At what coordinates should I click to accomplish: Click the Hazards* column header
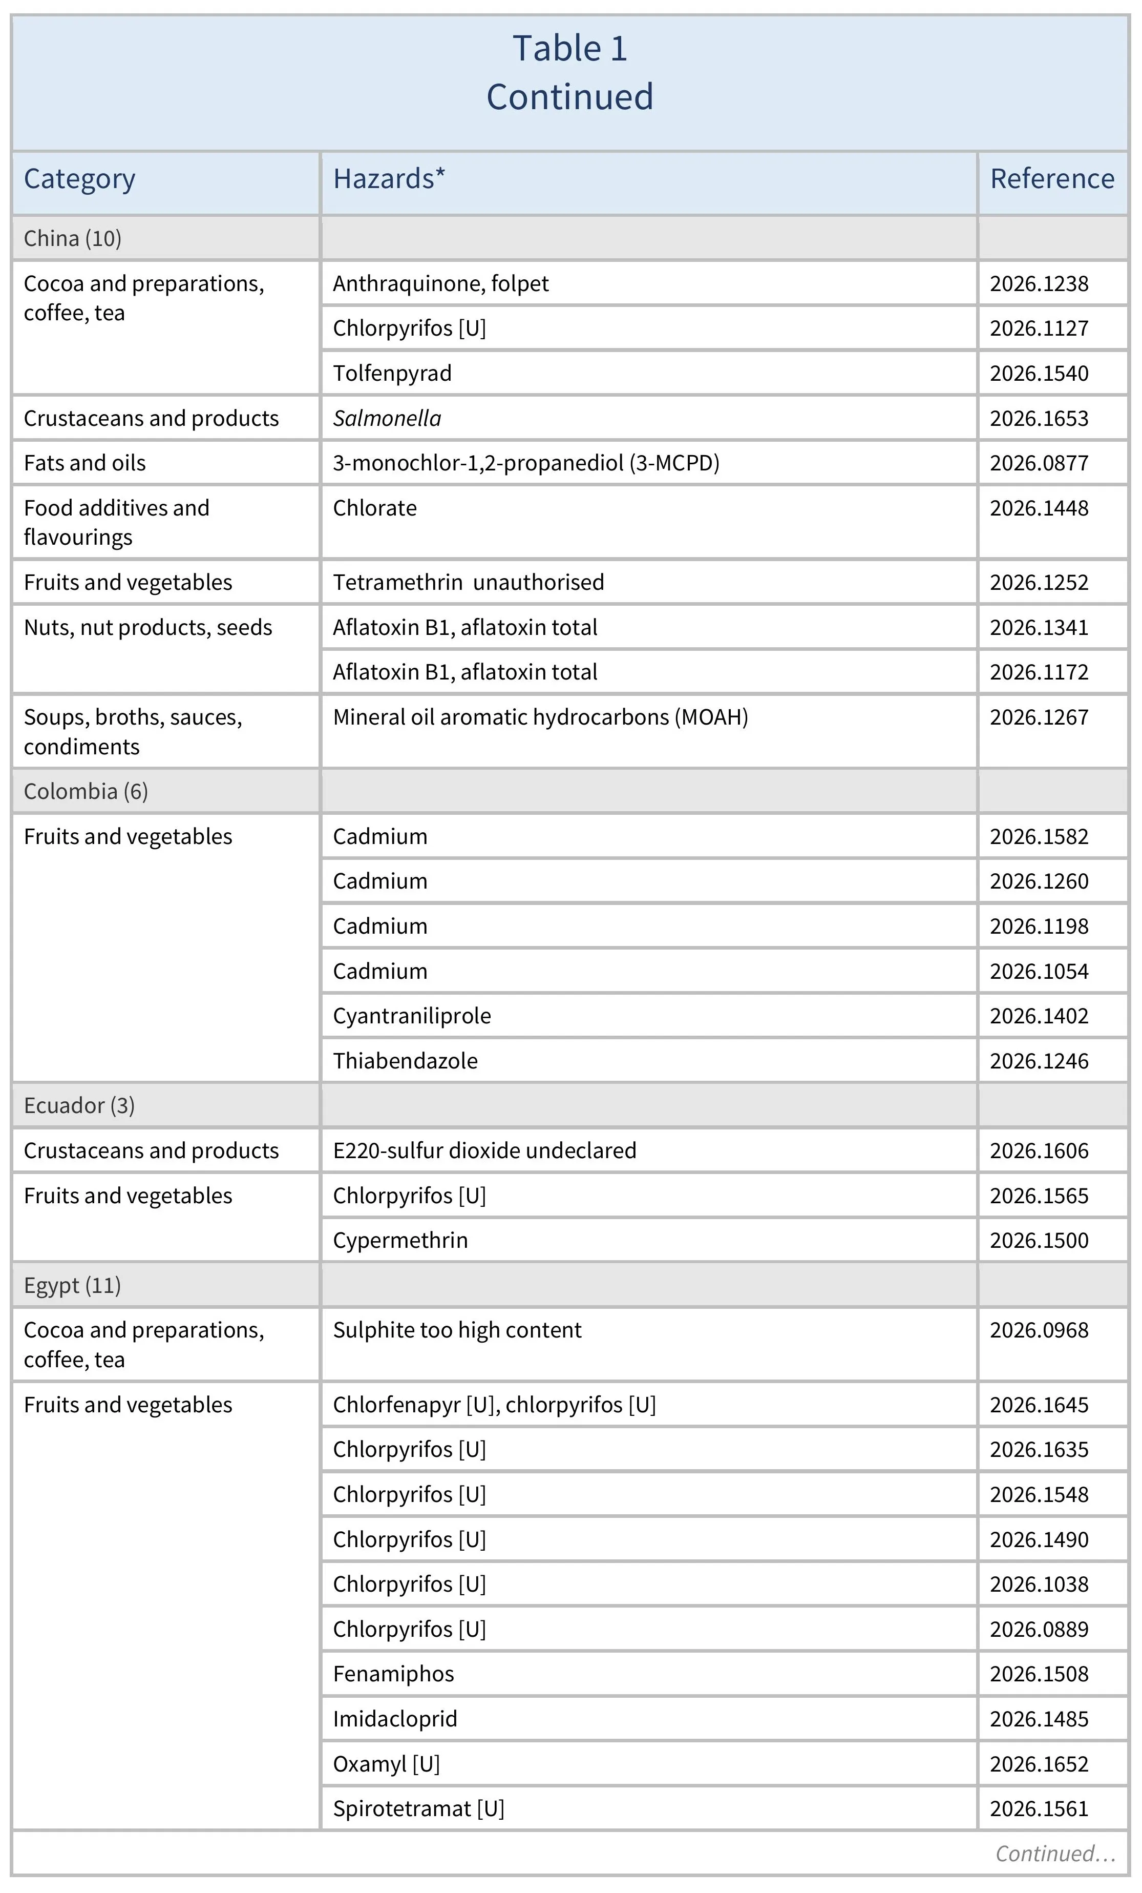[x=389, y=179]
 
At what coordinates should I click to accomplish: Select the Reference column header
[x=1051, y=179]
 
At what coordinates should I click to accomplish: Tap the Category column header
[x=80, y=179]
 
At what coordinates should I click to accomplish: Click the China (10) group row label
[x=73, y=238]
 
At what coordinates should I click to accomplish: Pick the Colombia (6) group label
[x=86, y=791]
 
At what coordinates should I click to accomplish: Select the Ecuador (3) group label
[x=79, y=1105]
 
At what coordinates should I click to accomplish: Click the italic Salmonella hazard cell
[x=387, y=419]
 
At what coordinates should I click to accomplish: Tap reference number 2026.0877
[x=1039, y=463]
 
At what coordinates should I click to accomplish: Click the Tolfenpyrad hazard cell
[x=392, y=374]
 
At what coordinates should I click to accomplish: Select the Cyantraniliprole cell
[x=412, y=1016]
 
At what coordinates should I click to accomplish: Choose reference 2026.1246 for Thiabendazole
[x=1039, y=1061]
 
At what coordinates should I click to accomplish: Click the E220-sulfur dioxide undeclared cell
[x=484, y=1151]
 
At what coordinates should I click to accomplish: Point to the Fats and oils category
[x=84, y=463]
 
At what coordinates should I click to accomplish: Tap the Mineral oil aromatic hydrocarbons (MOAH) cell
[x=540, y=717]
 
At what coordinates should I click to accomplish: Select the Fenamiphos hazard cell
[x=393, y=1674]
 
